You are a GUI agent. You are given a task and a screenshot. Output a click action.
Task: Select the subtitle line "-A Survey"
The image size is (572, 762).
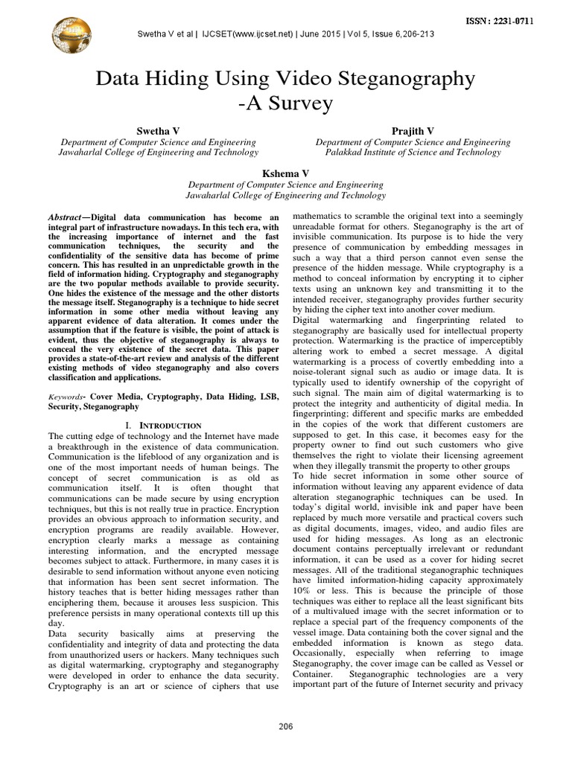[x=286, y=104]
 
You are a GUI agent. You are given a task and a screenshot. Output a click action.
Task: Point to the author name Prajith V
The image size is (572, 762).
[x=413, y=130]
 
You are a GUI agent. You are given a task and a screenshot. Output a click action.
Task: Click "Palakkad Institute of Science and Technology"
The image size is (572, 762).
[x=413, y=153]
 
